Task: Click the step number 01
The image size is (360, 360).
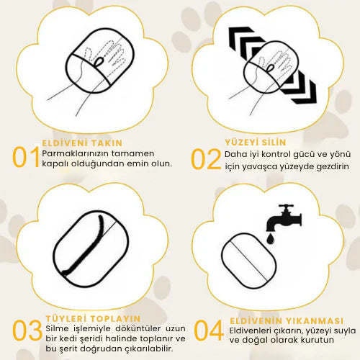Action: pyautogui.click(x=26, y=157)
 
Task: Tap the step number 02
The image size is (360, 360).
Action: pyautogui.click(x=206, y=159)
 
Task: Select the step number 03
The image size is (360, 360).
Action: pyautogui.click(x=27, y=330)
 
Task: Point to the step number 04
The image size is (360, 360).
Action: pyautogui.click(x=209, y=330)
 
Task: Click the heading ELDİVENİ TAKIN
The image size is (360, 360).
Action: pyautogui.click(x=82, y=143)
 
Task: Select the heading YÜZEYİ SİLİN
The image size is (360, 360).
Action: pyautogui.click(x=256, y=142)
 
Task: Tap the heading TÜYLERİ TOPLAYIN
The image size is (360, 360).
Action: pyautogui.click(x=93, y=319)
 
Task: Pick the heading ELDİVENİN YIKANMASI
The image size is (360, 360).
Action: pyautogui.click(x=287, y=321)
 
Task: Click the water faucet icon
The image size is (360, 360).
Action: pyautogui.click(x=284, y=217)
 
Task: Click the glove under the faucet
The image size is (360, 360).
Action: pyautogui.click(x=249, y=261)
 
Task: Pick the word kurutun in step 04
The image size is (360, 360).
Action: pyautogui.click(x=318, y=340)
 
